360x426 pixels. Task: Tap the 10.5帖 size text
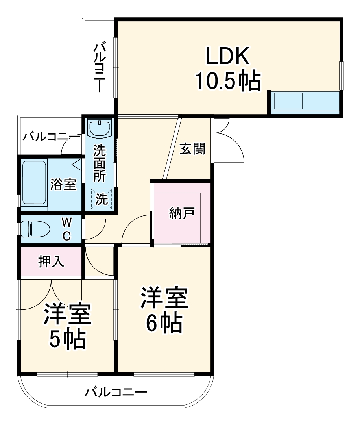[x=228, y=82]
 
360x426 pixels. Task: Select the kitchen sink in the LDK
[x=288, y=102]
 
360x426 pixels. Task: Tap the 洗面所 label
[x=99, y=163]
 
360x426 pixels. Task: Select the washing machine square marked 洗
[x=102, y=199]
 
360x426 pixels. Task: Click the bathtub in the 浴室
[x=34, y=184]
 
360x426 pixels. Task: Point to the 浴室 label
[x=63, y=184]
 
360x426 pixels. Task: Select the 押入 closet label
[x=51, y=262]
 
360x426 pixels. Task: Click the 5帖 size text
[x=67, y=339]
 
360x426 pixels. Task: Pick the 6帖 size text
[x=164, y=323]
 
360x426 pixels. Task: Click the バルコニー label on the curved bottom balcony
[x=116, y=393]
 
